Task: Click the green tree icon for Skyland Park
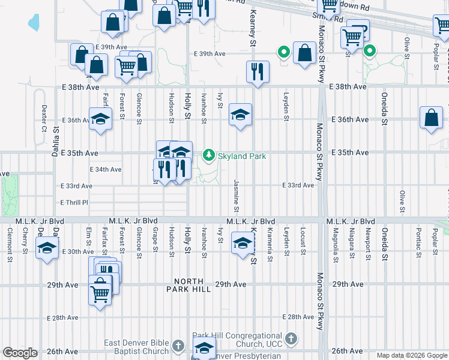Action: click(x=209, y=155)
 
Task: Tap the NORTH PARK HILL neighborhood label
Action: click(x=192, y=286)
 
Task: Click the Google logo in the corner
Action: click(x=20, y=353)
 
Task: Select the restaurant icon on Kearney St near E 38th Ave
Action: click(x=258, y=71)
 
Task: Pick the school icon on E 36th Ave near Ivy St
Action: click(x=240, y=115)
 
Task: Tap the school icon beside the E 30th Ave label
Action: click(x=47, y=248)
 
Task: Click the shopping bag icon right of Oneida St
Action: click(x=431, y=118)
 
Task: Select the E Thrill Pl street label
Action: click(x=74, y=203)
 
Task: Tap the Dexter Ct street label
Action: click(x=44, y=119)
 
